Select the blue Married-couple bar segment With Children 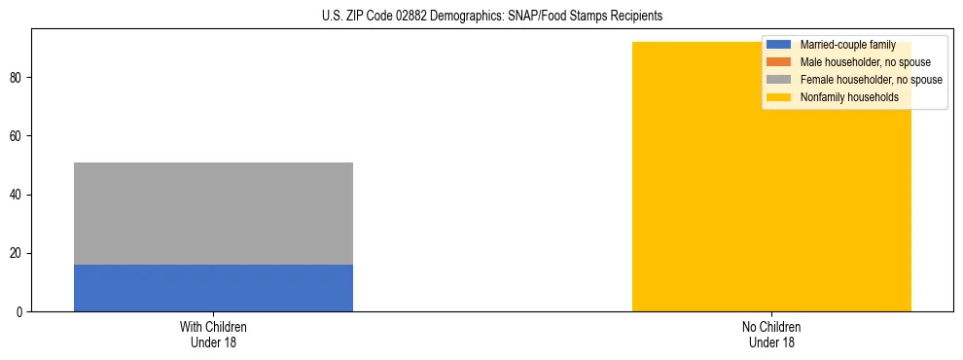213,288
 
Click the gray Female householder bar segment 213,213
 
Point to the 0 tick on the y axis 21,312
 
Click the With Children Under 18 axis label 213,335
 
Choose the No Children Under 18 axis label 771,335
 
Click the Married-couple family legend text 847,45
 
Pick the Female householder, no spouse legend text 871,80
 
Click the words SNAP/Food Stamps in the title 552,17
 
